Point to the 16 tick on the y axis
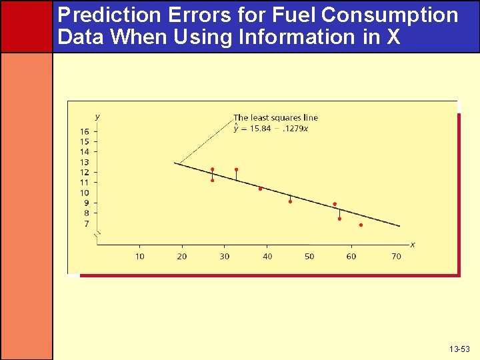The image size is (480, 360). [85, 132]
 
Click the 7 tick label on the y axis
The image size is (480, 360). [86, 224]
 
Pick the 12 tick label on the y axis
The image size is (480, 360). [85, 173]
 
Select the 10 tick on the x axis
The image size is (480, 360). [140, 257]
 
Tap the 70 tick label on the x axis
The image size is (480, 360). [396, 257]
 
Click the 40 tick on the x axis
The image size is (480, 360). [267, 257]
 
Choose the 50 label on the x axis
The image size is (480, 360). [309, 257]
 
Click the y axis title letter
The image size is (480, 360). [97, 117]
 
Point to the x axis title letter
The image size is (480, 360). [413, 245]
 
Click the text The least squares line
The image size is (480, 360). [275, 118]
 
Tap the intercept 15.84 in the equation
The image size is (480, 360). [260, 129]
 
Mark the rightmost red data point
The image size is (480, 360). [361, 225]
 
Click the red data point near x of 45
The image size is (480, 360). [290, 201]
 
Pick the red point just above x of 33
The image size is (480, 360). [236, 169]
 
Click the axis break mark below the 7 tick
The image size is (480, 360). [97, 234]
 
